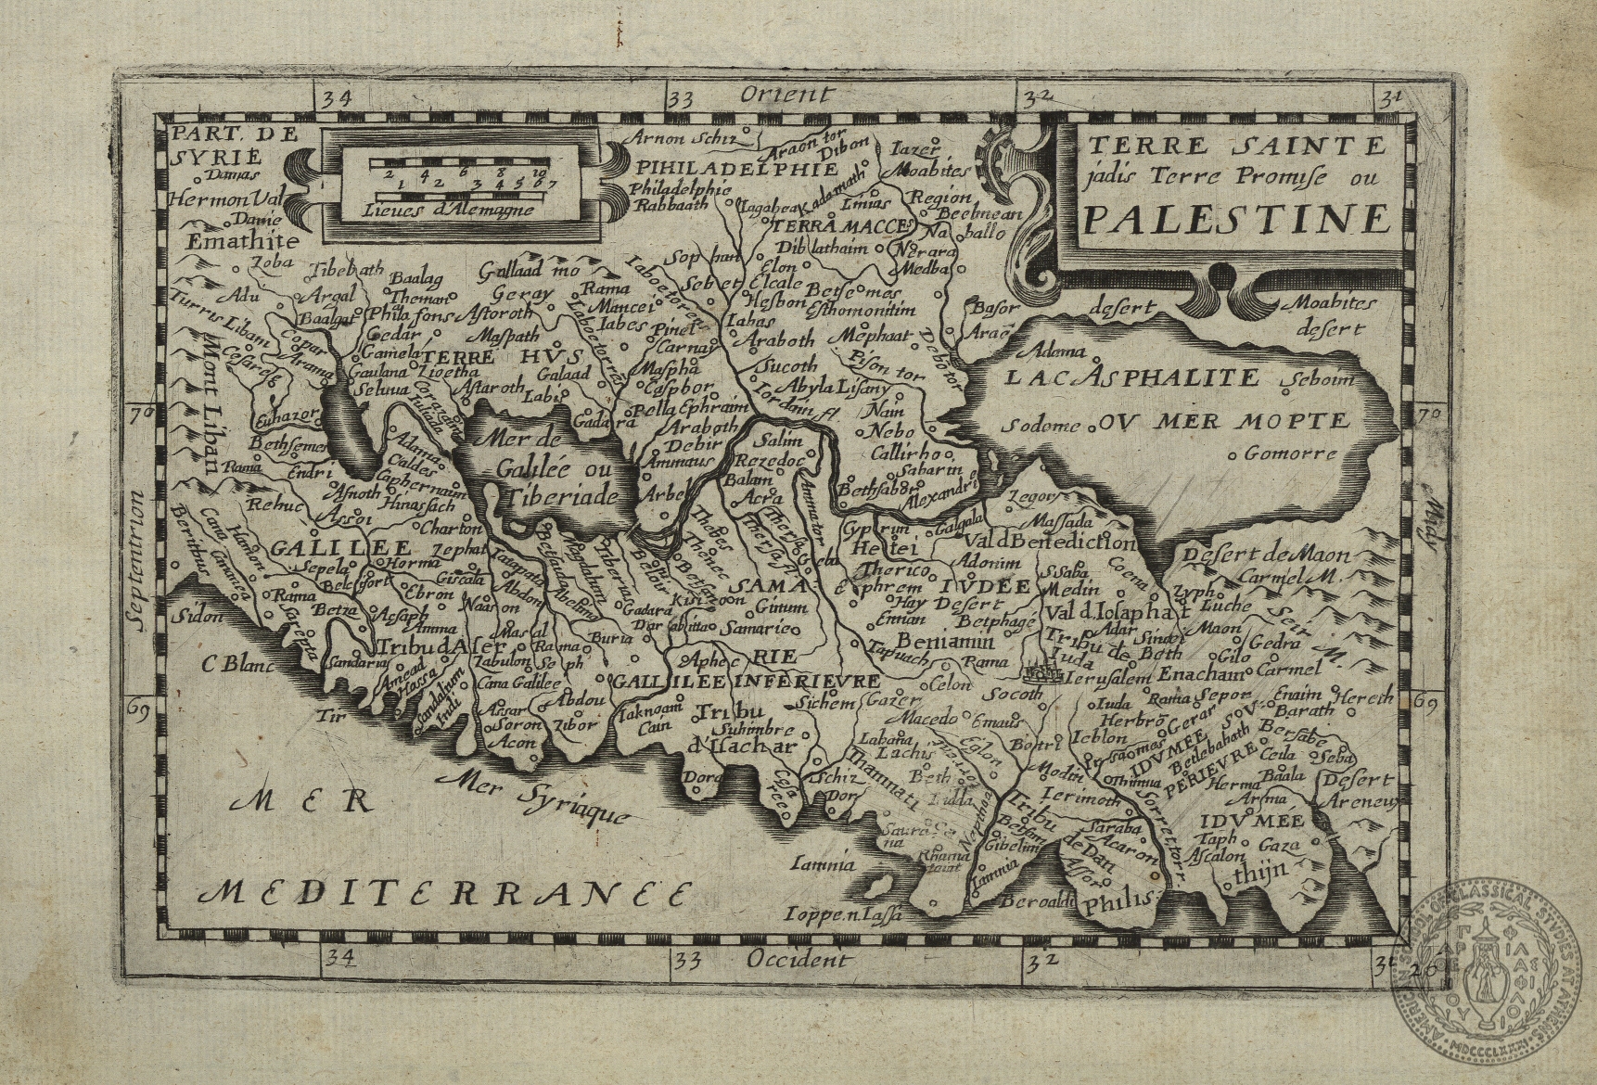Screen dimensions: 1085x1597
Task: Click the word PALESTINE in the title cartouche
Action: click(x=1237, y=219)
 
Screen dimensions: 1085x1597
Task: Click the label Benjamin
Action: click(x=944, y=642)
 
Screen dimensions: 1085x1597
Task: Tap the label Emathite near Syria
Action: click(x=244, y=240)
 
